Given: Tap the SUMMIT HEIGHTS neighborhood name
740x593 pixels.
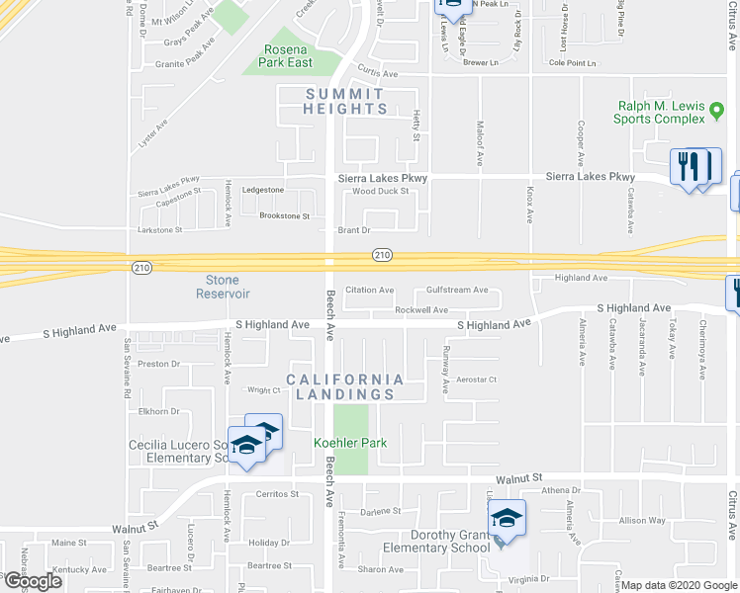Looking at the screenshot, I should coord(344,101).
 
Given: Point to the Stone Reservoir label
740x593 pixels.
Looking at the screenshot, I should coord(223,287).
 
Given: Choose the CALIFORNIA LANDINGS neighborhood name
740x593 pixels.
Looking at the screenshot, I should coord(344,386).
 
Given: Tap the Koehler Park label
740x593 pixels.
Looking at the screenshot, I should coord(350,443).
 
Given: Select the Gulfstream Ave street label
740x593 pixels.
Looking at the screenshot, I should coord(457,291).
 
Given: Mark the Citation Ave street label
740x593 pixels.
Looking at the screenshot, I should coord(369,291).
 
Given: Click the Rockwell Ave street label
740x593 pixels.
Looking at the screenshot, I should coord(421,310).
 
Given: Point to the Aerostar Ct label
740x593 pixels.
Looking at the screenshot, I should coord(476,380).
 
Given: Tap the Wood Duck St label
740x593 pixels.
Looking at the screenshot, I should coord(381,191).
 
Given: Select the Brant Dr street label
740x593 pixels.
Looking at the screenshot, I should coord(353,230).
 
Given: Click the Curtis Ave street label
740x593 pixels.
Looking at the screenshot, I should coord(377,73).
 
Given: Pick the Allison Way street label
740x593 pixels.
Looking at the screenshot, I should coord(642,520).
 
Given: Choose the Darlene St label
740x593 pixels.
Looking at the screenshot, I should coord(380,511).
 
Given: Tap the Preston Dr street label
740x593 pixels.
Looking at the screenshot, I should coord(159,364).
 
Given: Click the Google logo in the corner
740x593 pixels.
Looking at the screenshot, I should coord(33,582).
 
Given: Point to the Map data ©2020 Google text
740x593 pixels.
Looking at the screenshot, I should coord(680,585).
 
